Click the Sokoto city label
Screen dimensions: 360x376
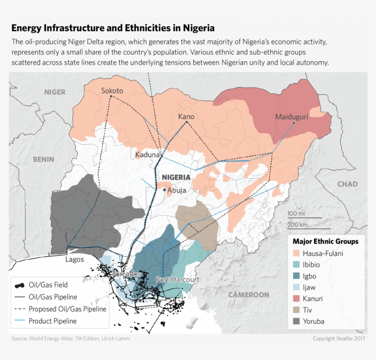112,91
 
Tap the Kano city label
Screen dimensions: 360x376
186,117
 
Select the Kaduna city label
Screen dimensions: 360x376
147,155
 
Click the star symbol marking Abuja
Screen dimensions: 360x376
165,190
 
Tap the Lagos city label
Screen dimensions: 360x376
74,259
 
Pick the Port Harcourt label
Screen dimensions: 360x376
177,279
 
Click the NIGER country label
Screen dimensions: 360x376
55,92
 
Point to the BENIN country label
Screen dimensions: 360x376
44,159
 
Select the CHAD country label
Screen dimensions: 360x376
347,184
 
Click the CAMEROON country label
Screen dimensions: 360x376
249,295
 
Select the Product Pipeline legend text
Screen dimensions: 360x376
53,321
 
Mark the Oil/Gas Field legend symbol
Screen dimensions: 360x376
19,285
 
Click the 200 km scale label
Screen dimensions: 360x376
297,224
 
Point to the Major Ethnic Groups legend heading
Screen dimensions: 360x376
326,241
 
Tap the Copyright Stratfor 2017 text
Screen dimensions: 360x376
339,338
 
